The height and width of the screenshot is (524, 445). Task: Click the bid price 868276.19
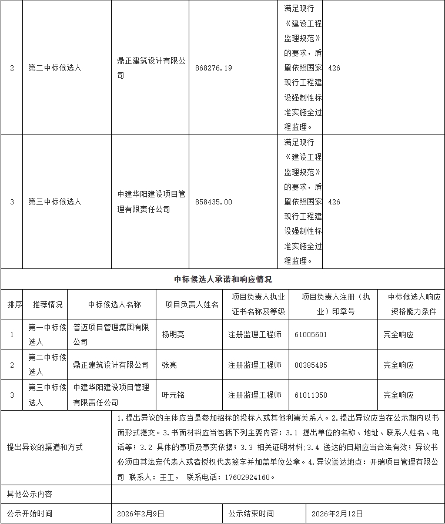click(213, 68)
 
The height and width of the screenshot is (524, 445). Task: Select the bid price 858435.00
click(213, 202)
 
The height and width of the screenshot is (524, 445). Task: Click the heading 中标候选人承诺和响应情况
click(223, 280)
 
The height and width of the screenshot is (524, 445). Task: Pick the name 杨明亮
click(173, 334)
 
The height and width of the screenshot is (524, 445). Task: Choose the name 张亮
click(169, 365)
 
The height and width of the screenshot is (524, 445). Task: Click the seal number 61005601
click(310, 334)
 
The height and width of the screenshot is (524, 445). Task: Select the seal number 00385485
click(310, 365)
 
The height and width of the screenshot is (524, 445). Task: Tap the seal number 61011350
click(310, 395)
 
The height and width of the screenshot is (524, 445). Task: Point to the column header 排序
click(15, 304)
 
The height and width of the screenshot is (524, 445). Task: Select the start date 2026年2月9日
click(140, 513)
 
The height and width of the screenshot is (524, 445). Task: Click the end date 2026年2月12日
click(338, 513)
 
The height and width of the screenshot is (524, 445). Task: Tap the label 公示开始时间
click(29, 513)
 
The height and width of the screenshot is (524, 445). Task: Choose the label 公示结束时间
click(252, 513)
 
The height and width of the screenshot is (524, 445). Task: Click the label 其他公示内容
click(29, 493)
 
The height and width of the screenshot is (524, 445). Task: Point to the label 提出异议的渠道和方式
click(45, 447)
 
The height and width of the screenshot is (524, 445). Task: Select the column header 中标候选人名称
click(115, 304)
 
